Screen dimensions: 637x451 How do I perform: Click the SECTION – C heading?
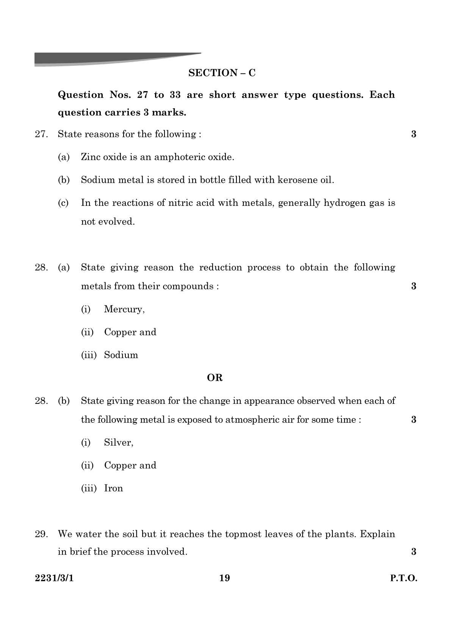point(222,73)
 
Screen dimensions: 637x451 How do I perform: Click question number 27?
point(41,134)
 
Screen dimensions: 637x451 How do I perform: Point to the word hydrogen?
point(345,203)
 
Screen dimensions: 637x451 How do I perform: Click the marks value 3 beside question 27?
point(413,134)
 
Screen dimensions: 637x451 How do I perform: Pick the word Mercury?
point(124,309)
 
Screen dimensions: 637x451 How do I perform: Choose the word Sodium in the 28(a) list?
point(121,355)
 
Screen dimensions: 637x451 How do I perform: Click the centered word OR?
point(215,378)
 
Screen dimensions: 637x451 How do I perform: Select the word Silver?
point(118,442)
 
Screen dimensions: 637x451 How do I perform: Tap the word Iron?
point(113,488)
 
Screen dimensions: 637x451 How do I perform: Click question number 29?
point(41,534)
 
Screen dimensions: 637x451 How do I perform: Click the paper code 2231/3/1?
point(54,578)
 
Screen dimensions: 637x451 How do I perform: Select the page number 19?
point(224,578)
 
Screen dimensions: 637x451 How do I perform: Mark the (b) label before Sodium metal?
point(64,180)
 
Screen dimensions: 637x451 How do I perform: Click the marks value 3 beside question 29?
point(413,552)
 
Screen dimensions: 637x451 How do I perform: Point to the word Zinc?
point(89,157)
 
